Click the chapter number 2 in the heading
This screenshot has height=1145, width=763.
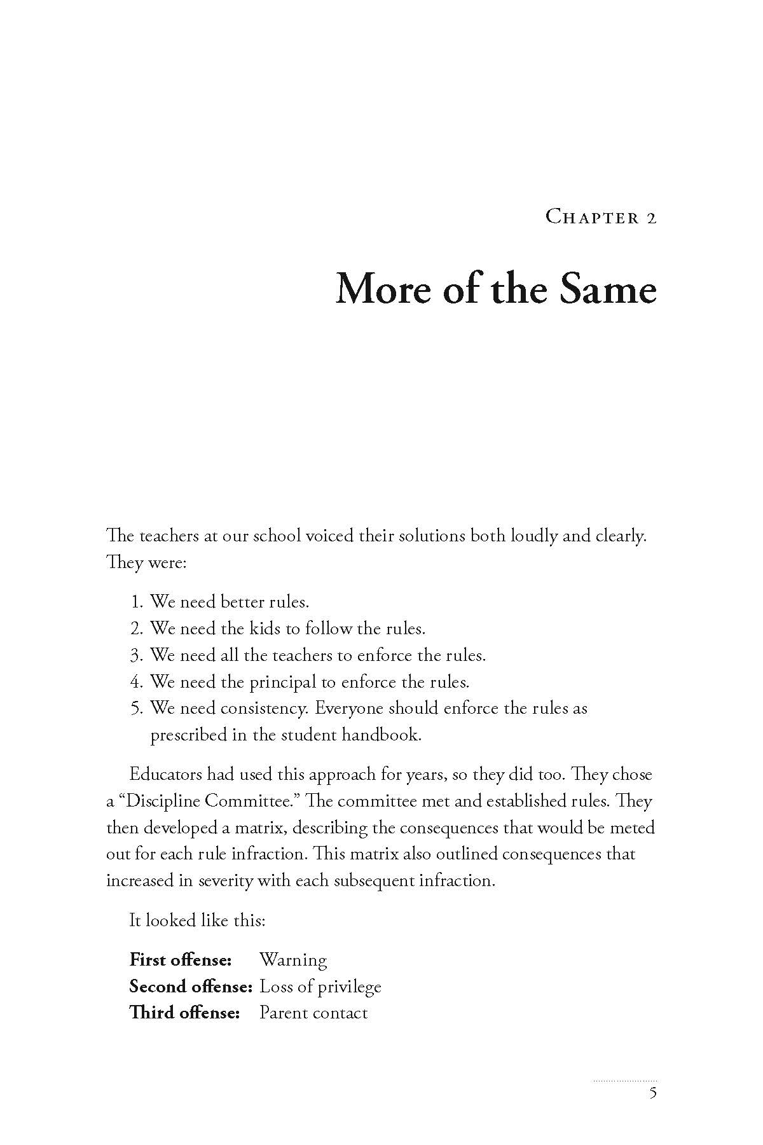(650, 218)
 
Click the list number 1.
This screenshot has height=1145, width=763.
(135, 602)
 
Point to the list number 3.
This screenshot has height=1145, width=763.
(135, 655)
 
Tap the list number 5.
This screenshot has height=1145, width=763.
(135, 709)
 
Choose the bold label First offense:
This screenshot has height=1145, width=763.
(180, 960)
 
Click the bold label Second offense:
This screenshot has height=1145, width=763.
(191, 987)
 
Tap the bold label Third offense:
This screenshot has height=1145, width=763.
(184, 1013)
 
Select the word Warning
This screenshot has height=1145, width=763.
(293, 960)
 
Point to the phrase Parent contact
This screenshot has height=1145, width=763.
(313, 1013)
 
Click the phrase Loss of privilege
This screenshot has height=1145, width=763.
(320, 987)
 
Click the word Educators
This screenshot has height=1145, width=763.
(168, 775)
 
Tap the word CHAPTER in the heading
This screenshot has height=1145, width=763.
(593, 218)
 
